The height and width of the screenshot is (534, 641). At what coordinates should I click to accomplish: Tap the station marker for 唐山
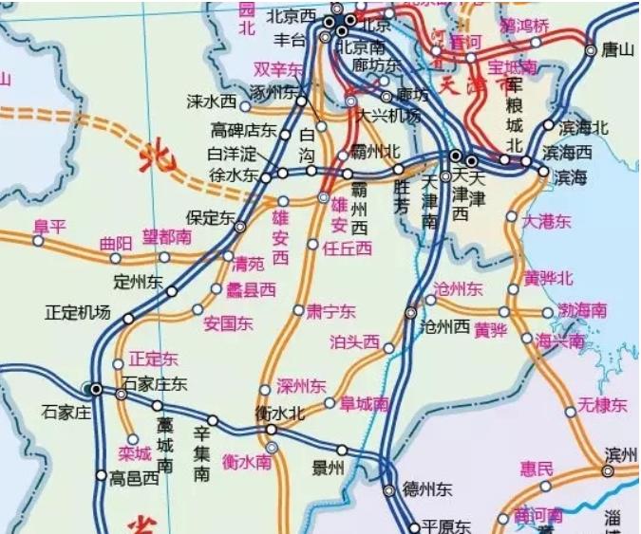(591, 50)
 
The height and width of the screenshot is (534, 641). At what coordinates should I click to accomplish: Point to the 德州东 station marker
(388, 490)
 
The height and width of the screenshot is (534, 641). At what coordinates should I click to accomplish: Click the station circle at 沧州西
(411, 311)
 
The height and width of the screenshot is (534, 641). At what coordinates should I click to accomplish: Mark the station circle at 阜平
(38, 241)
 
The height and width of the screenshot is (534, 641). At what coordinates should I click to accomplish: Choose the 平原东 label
(446, 526)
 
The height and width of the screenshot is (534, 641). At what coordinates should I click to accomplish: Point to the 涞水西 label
(211, 100)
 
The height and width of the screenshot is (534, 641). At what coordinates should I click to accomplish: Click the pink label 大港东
(548, 221)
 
